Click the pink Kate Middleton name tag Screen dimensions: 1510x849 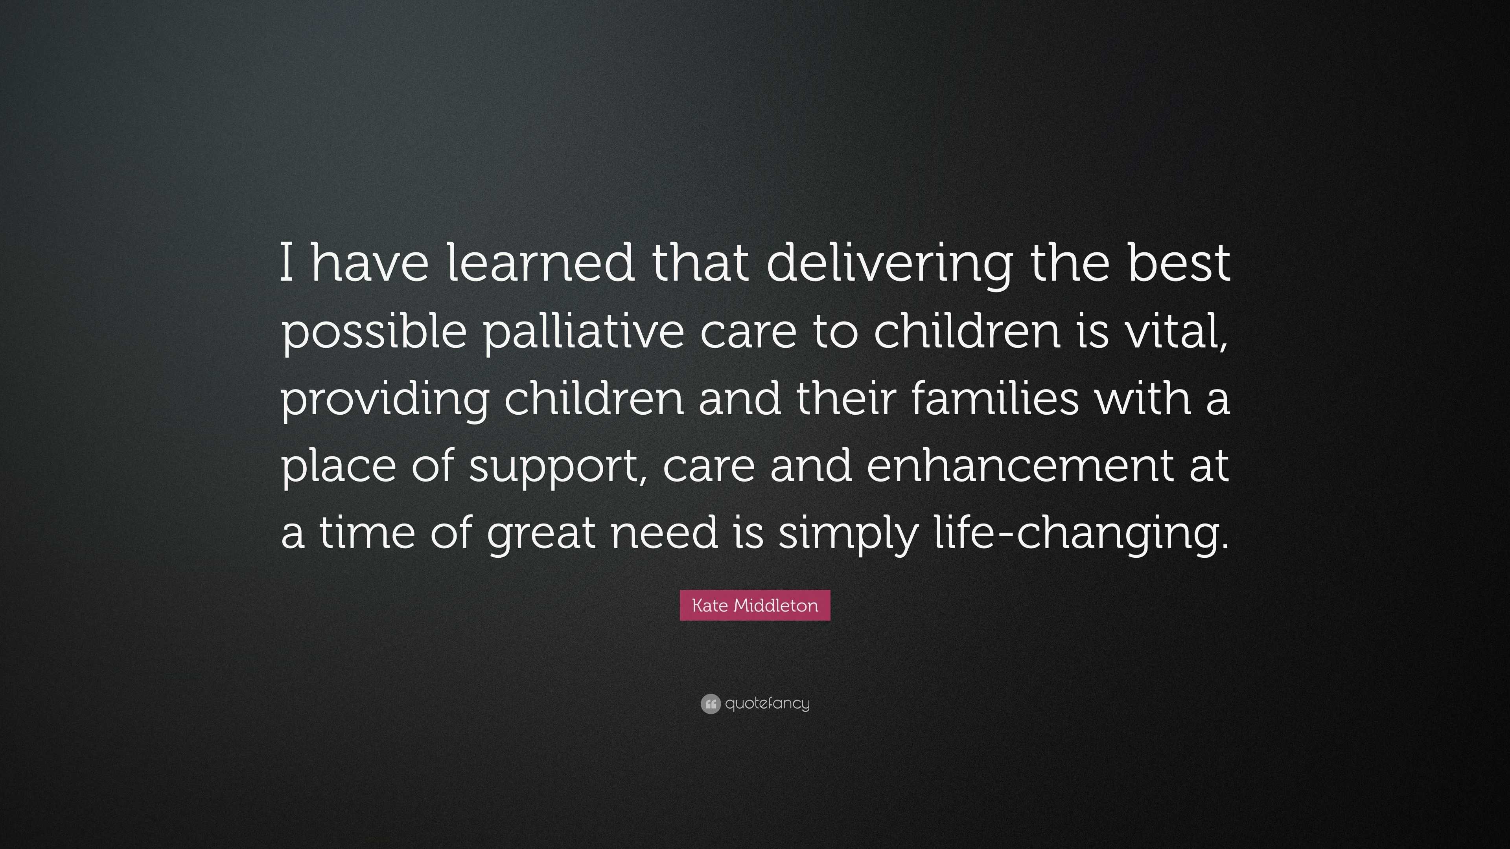point(755,605)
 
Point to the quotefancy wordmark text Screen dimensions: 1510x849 point(767,704)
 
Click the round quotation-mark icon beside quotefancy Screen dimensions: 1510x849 point(711,704)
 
